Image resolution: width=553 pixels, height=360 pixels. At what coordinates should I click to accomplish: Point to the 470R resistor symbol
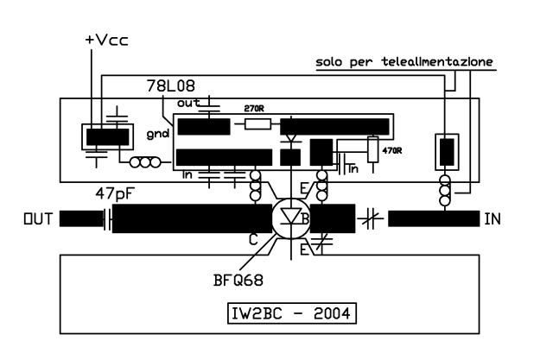tap(372, 149)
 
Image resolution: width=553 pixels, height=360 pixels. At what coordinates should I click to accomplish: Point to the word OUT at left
tap(41, 219)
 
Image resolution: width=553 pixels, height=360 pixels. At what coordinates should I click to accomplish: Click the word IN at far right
tap(493, 219)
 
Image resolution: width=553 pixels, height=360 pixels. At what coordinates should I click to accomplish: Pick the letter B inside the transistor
tap(304, 219)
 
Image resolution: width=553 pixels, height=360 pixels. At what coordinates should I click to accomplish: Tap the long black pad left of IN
tap(433, 219)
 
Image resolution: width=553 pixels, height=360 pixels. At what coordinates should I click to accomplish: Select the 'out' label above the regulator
tap(188, 102)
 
